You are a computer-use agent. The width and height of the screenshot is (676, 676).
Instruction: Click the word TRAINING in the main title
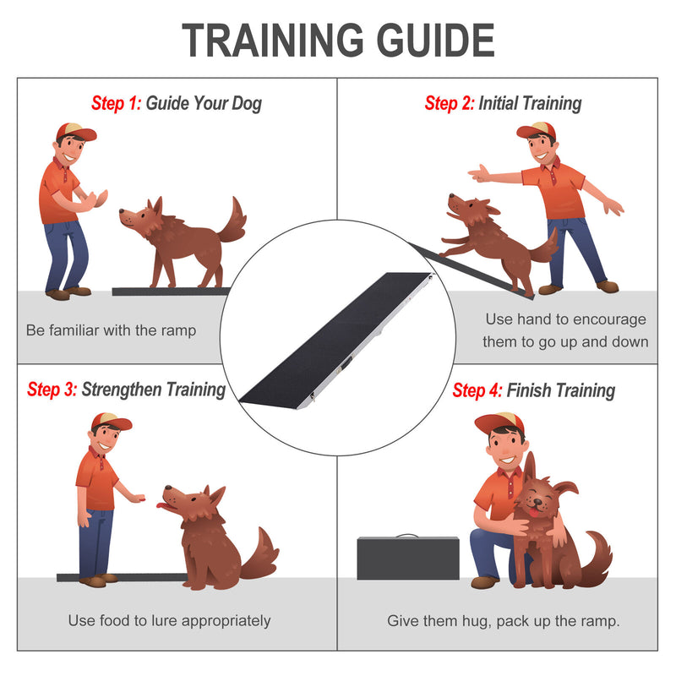pyautogui.click(x=272, y=40)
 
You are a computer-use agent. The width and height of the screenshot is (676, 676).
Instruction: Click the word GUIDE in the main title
pyautogui.click(x=435, y=40)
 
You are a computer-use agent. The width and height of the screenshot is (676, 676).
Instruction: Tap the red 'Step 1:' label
pyautogui.click(x=117, y=103)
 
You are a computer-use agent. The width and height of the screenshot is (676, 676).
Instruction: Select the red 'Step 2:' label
pyautogui.click(x=450, y=103)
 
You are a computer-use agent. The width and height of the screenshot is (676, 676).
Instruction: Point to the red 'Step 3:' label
pyautogui.click(x=52, y=390)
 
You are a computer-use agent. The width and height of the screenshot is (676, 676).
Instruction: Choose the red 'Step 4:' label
pyautogui.click(x=477, y=390)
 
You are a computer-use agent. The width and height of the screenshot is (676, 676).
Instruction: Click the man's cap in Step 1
pyautogui.click(x=76, y=132)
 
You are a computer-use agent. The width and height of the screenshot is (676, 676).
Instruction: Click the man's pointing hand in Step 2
pyautogui.click(x=479, y=174)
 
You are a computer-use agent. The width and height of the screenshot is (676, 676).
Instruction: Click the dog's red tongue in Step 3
pyautogui.click(x=161, y=505)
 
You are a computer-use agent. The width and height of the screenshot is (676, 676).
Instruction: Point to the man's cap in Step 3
pyautogui.click(x=111, y=421)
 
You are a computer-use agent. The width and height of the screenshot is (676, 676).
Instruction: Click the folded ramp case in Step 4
pyautogui.click(x=408, y=558)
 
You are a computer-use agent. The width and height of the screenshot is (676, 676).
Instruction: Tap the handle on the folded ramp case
pyautogui.click(x=407, y=536)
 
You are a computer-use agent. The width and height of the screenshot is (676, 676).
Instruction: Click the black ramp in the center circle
pyautogui.click(x=337, y=338)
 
